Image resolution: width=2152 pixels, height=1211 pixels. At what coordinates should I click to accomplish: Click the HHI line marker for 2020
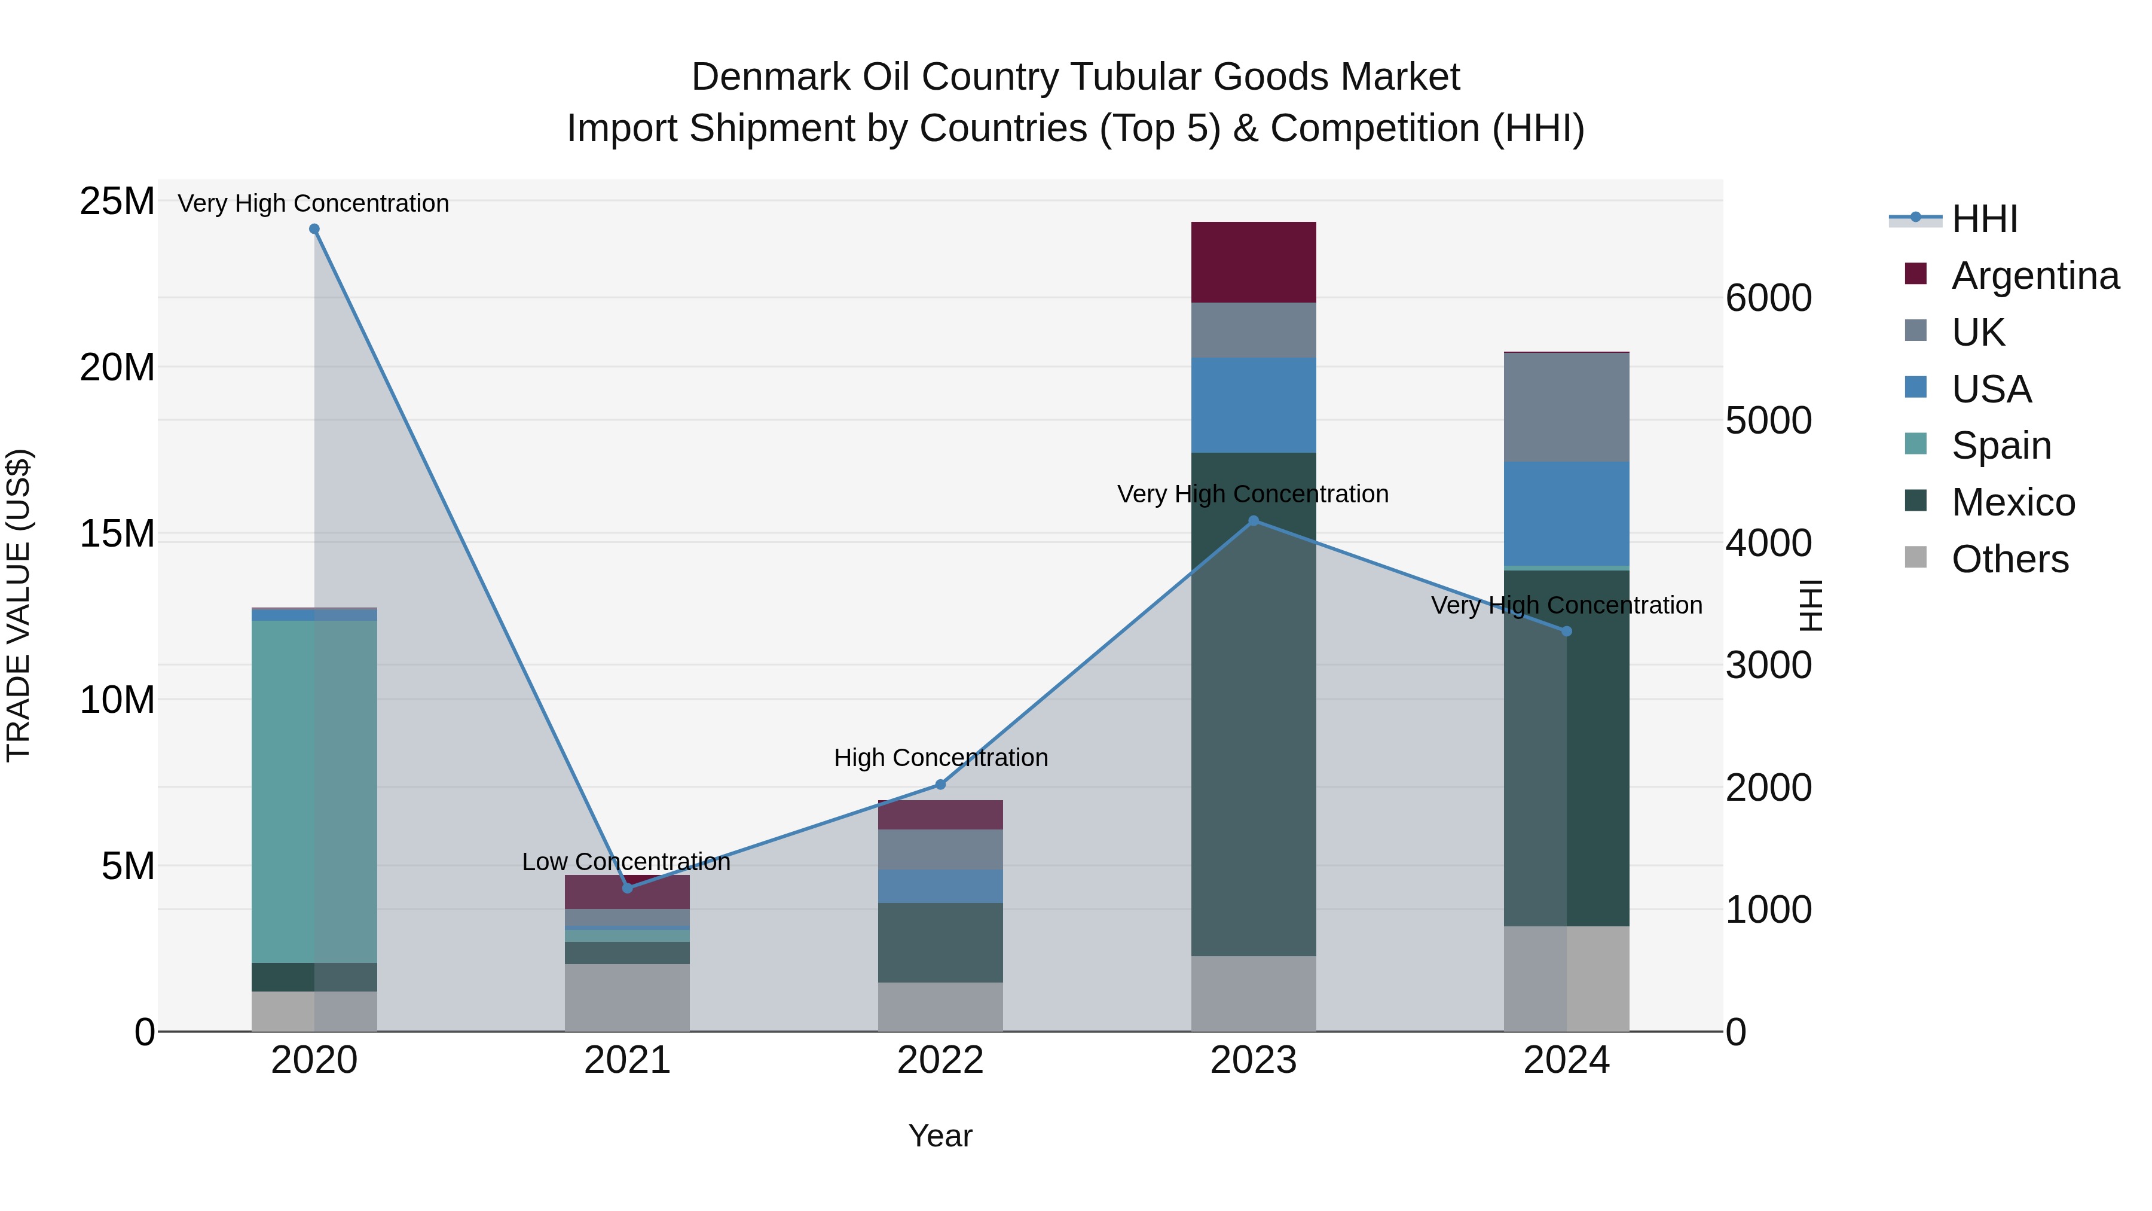(314, 229)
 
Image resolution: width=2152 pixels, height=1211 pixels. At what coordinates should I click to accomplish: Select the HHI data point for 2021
(628, 887)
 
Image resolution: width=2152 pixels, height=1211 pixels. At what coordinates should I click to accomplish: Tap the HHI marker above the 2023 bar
(1253, 521)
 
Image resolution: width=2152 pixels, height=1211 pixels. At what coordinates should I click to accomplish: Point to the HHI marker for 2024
(1566, 631)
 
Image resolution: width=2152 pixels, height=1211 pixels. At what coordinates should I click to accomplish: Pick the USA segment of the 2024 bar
(1566, 513)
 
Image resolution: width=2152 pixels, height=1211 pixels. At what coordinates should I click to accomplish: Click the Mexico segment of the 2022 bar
(940, 942)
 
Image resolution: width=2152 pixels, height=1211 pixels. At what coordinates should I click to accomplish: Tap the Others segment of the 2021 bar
(628, 997)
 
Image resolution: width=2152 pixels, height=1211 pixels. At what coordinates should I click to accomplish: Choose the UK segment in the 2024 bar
(1566, 407)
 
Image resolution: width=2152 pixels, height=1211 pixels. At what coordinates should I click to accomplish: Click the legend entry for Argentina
(2034, 275)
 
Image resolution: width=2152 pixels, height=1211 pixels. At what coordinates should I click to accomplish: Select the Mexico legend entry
(2013, 502)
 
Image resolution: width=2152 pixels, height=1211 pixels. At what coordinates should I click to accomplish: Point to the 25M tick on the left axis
(117, 202)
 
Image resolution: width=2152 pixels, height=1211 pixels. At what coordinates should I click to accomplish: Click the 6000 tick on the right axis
(1769, 298)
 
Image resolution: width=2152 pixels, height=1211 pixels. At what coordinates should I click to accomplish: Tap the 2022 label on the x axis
(940, 1060)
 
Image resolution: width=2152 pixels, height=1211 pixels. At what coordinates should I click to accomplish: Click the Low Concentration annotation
(626, 862)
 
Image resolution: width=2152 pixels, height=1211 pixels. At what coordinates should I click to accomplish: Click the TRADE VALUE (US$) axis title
(19, 605)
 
